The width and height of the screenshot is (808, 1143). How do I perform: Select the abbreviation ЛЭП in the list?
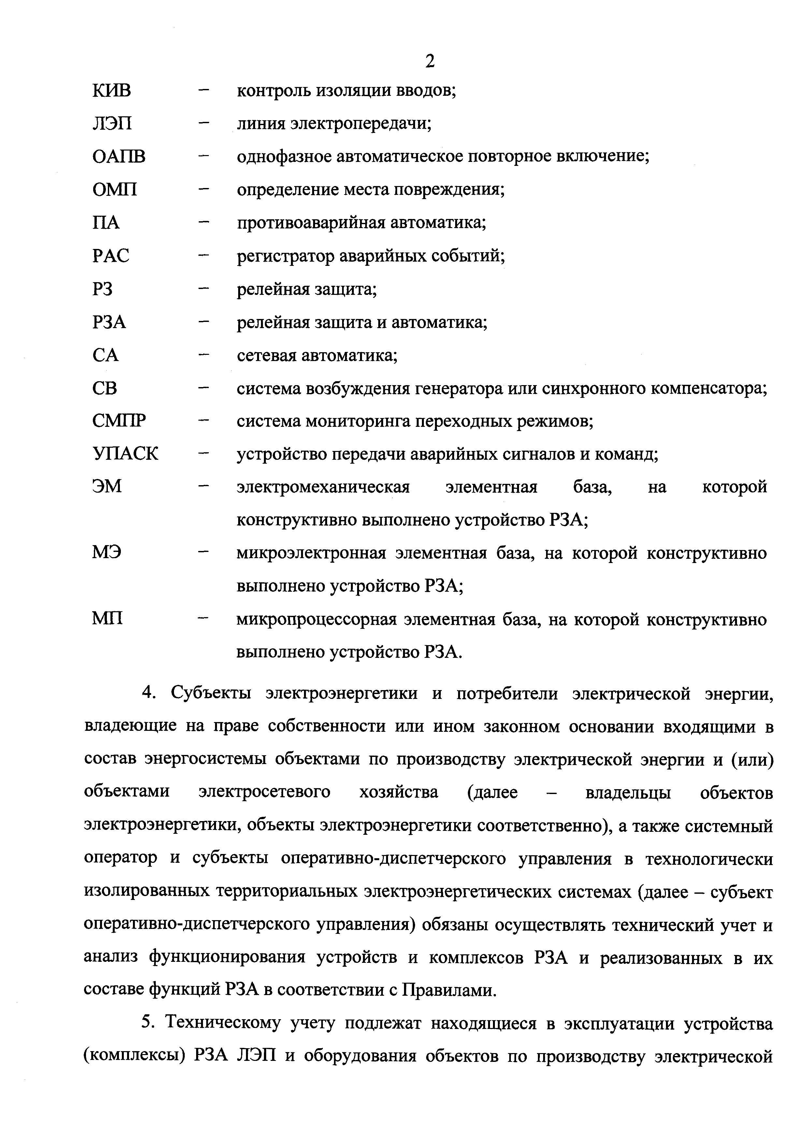click(x=112, y=123)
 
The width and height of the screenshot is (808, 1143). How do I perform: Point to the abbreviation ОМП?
click(x=115, y=190)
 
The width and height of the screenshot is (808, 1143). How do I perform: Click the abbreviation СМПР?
click(x=120, y=421)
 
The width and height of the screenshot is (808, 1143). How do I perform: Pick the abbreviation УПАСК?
click(x=125, y=454)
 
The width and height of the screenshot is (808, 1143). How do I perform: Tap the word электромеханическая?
click(x=323, y=486)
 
